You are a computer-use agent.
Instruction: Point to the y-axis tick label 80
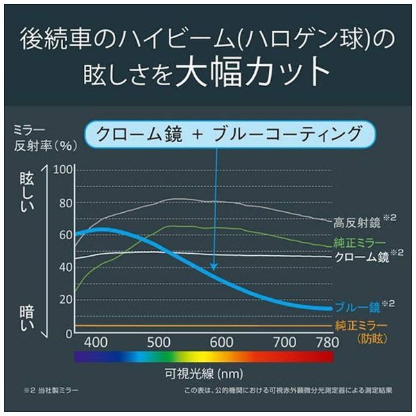tap(66, 203)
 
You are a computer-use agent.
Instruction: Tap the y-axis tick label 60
tap(66, 235)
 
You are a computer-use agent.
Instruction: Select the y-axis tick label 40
tap(66, 267)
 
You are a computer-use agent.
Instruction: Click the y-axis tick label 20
tap(66, 300)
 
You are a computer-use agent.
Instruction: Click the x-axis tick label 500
tap(159, 342)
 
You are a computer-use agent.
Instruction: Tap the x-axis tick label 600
tap(221, 342)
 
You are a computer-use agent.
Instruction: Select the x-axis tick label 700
tap(284, 342)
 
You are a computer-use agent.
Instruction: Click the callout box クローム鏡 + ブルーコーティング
tap(229, 132)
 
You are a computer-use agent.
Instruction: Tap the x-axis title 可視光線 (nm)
tap(202, 375)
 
